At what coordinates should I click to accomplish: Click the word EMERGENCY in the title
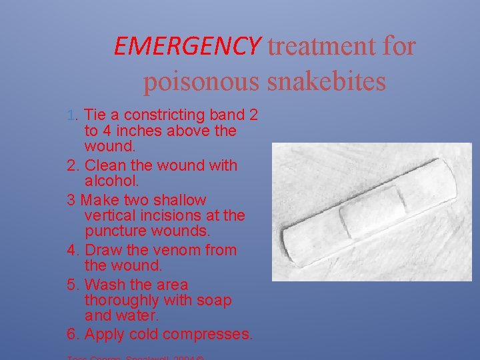[187, 46]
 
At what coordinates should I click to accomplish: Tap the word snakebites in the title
[327, 81]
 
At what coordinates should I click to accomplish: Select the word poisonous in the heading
[201, 81]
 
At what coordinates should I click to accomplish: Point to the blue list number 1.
[73, 115]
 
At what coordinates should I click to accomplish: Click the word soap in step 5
[215, 301]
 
